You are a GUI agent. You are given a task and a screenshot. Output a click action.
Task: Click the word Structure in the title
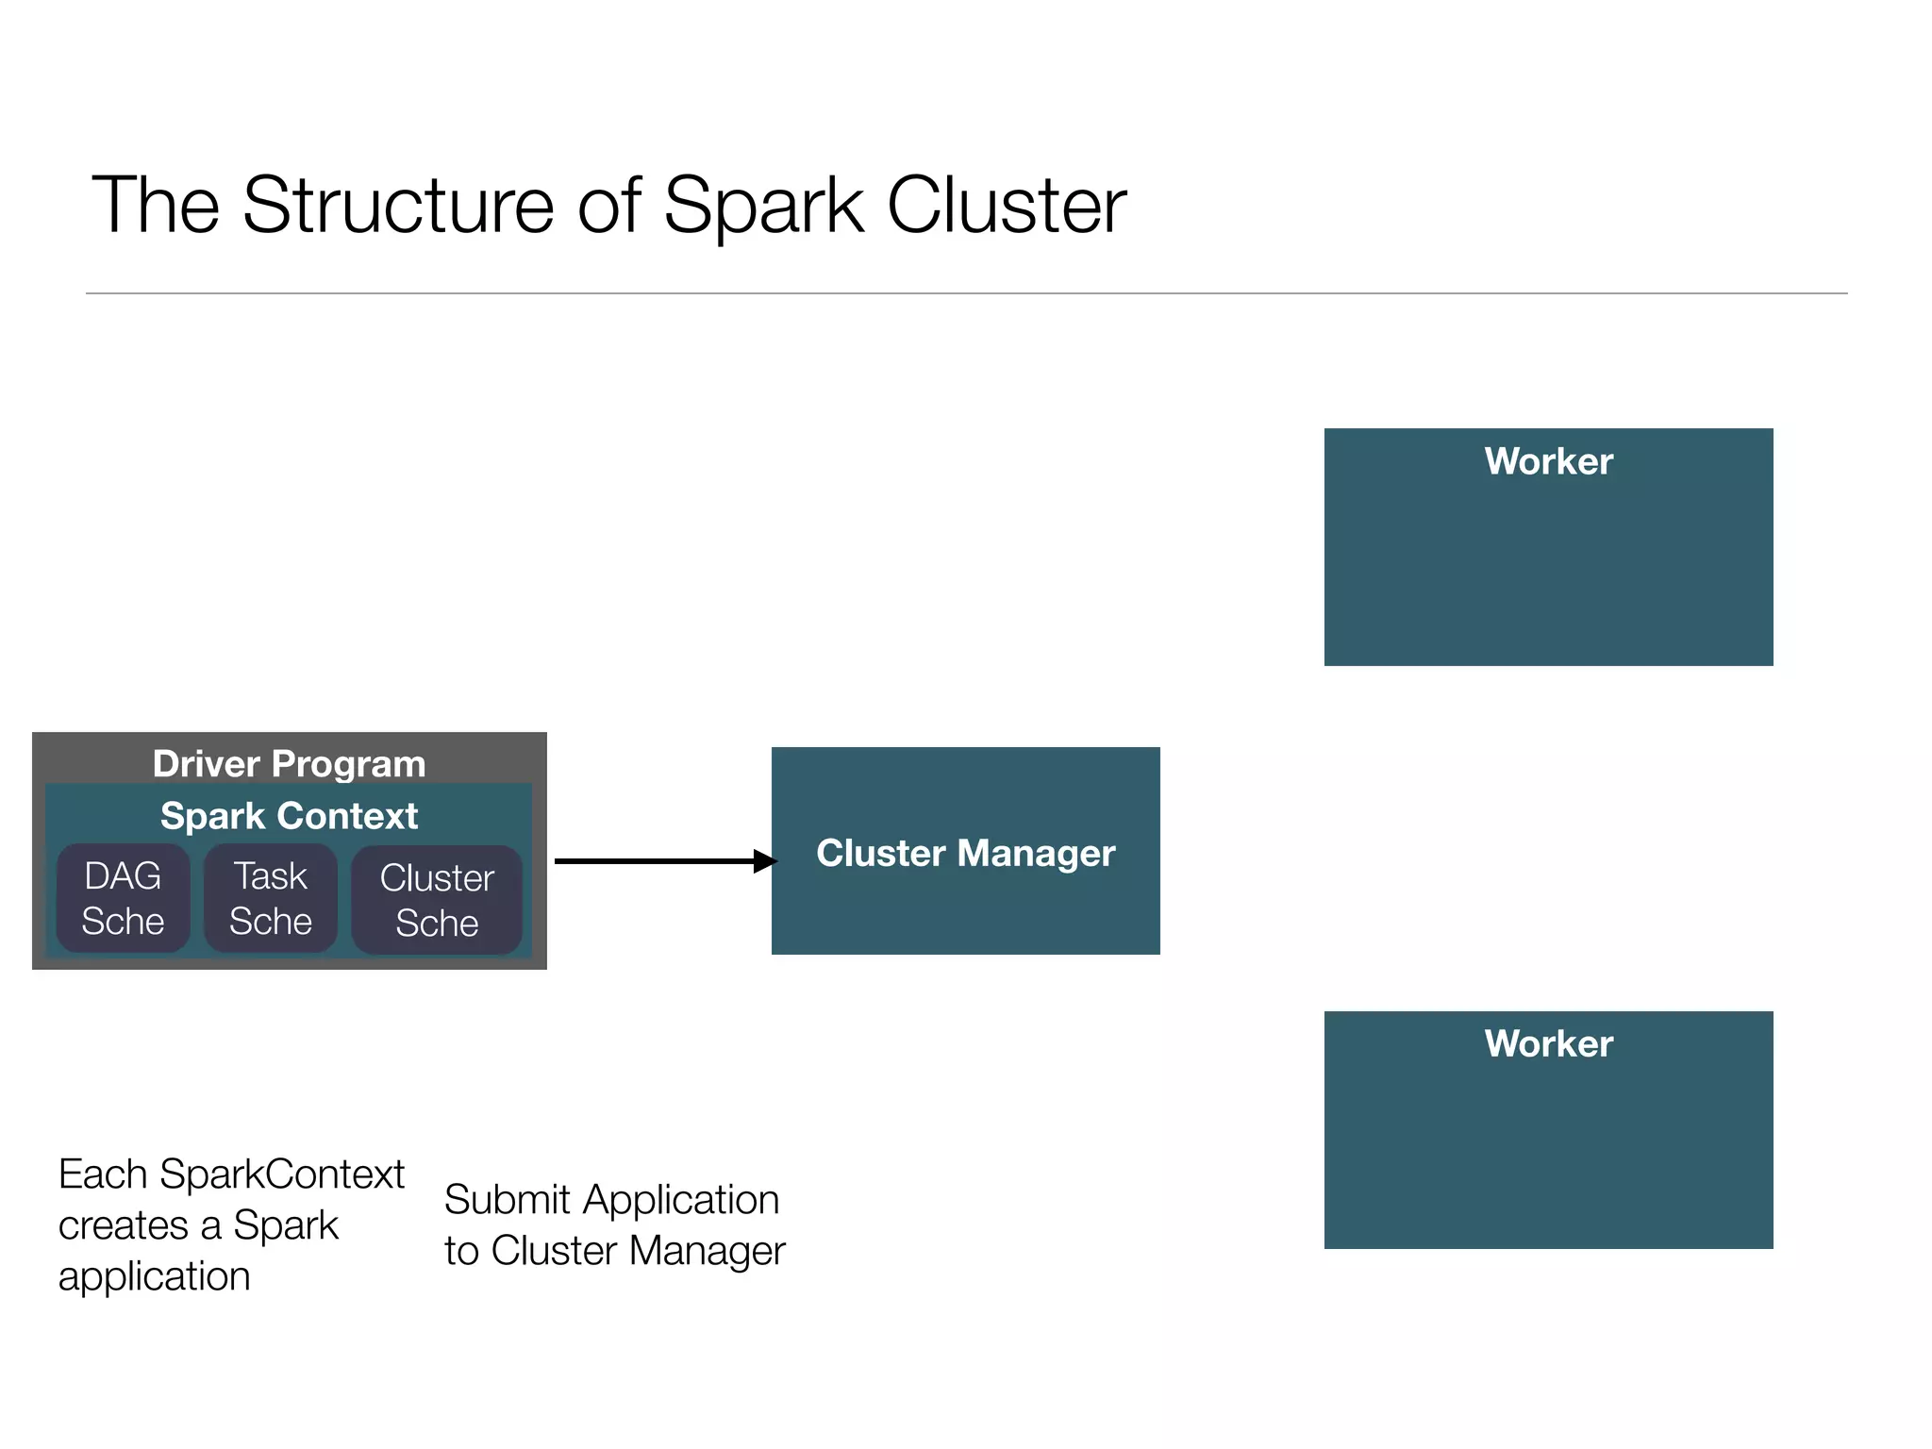398,206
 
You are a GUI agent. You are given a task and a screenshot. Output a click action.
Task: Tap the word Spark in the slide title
762,206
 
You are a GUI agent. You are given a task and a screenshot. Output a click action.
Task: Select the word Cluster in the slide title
1006,206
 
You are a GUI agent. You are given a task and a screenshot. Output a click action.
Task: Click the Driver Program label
289,763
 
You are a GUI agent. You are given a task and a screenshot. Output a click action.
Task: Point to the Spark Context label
289,816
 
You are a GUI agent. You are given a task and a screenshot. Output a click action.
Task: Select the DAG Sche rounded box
123,898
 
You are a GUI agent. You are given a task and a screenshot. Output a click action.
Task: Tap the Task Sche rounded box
271,898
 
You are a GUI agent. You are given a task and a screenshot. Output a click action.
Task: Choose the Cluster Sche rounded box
437,900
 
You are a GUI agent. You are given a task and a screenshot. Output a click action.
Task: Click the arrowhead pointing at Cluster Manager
765,861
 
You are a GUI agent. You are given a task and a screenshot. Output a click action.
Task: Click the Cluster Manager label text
965,853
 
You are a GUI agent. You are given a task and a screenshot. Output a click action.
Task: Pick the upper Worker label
1548,461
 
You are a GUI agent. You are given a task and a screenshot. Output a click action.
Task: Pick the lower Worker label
1548,1043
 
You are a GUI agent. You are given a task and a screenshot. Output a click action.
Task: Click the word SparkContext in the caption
281,1174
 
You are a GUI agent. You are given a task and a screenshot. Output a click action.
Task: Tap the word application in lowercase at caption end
154,1277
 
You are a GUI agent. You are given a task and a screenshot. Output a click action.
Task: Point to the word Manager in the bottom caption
707,1251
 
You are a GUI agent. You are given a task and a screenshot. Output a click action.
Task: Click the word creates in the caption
124,1225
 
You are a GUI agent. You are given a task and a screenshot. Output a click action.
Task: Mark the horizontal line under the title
966,293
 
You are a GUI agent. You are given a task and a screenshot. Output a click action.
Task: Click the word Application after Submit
680,1200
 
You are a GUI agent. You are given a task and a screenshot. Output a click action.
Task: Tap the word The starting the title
156,206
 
